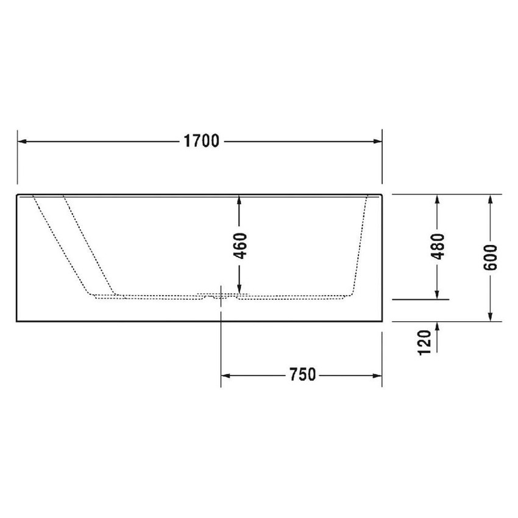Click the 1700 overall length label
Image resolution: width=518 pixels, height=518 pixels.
(200, 141)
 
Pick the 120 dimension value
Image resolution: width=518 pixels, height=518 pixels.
(426, 341)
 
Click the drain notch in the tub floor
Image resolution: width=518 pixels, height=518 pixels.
(220, 296)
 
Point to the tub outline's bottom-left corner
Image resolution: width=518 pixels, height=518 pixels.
(16, 321)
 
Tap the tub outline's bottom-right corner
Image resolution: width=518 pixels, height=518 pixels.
(381, 321)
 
